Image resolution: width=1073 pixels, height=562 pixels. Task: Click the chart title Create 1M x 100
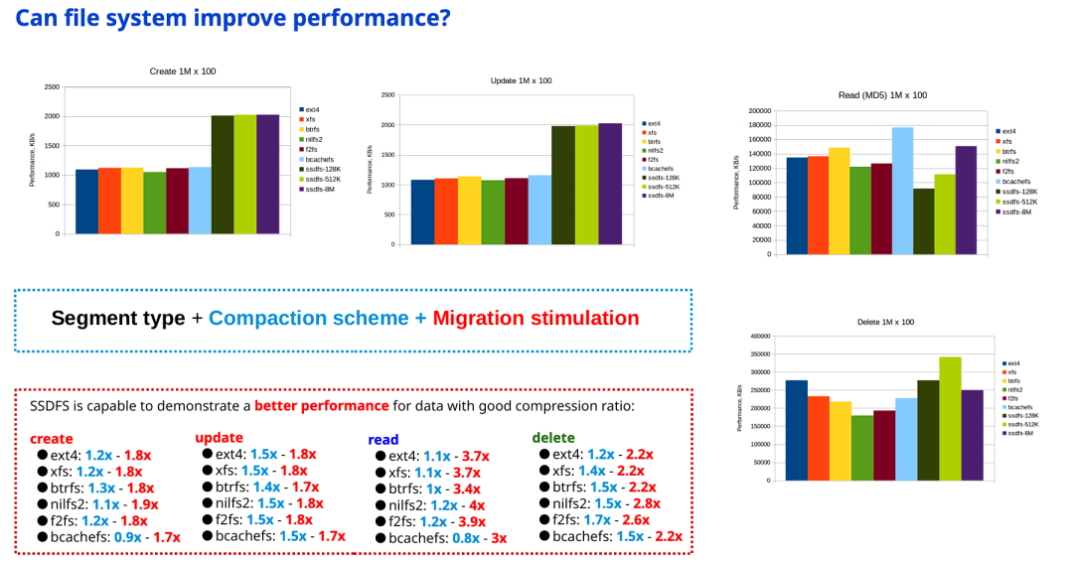pos(183,70)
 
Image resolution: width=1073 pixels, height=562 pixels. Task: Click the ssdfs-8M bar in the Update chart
pos(610,184)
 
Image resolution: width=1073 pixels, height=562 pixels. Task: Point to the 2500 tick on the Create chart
pos(51,87)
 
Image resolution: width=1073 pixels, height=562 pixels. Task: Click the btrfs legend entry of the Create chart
pos(312,129)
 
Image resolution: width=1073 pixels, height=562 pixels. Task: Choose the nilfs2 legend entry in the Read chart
pos(1008,161)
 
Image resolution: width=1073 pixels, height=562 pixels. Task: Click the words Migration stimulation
pos(536,319)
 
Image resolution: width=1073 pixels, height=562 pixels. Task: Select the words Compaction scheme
pos(308,319)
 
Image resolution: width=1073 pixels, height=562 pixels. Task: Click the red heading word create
pos(52,438)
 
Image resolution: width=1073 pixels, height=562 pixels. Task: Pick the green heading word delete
pos(553,437)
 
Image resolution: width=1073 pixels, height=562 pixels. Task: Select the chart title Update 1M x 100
pos(522,80)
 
